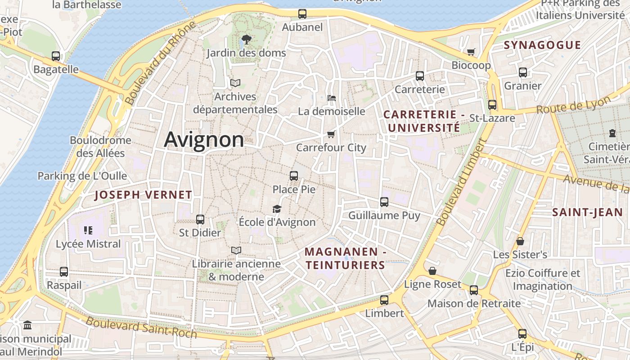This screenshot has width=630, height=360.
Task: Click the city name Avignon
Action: (204, 139)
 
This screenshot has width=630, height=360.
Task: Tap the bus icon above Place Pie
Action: (294, 176)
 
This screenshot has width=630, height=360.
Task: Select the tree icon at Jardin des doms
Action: (246, 39)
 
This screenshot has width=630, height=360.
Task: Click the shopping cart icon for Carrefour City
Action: (331, 134)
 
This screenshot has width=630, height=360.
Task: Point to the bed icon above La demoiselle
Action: (331, 98)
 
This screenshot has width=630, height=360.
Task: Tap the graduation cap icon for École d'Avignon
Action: (277, 209)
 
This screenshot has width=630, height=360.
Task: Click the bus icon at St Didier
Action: (200, 220)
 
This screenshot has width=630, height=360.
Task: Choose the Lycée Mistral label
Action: (88, 244)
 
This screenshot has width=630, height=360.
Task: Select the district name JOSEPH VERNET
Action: (144, 195)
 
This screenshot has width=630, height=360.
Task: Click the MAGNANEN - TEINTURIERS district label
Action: (345, 259)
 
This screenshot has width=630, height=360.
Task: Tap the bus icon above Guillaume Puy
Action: (384, 202)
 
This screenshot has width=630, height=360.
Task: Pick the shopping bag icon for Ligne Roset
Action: (432, 271)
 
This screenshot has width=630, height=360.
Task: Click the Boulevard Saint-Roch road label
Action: (141, 327)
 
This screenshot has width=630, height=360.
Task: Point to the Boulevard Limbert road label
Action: (462, 182)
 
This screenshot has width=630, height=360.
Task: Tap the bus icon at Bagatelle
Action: (56, 56)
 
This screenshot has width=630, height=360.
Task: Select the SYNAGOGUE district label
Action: (542, 45)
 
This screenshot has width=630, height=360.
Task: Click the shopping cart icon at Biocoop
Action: (471, 52)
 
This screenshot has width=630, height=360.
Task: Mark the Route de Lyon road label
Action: (573, 106)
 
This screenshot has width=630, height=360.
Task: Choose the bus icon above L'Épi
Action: (522, 334)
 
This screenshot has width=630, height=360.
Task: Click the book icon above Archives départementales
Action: (235, 83)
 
